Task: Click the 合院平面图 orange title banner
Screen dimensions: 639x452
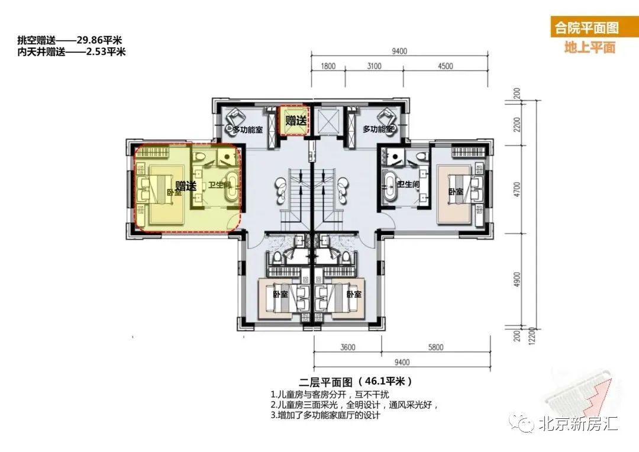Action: pos(586,27)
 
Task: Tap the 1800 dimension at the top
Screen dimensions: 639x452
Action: pos(328,66)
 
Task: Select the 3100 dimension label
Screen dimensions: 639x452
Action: pos(374,66)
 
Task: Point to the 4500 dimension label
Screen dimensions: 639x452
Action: pos(445,66)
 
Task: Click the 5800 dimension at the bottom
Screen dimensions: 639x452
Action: pos(435,347)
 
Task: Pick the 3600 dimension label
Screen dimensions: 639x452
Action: pos(348,347)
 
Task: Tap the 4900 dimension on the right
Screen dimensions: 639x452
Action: pos(517,280)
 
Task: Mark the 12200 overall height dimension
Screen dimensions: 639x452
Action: pos(531,336)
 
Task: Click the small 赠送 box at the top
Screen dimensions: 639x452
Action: pos(294,120)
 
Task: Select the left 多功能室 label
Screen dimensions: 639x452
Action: pos(248,130)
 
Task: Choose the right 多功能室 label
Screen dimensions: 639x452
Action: pos(378,129)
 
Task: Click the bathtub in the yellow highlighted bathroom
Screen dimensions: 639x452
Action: pos(233,187)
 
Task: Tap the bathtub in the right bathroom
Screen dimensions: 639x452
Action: pos(389,186)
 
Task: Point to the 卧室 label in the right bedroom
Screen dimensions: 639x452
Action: pos(455,191)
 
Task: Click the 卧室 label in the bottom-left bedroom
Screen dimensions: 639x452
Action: pos(280,294)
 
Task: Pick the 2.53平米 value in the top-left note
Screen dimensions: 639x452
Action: pos(106,51)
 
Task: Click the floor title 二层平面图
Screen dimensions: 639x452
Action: pos(325,382)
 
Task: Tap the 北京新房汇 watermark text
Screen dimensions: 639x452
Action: pos(578,424)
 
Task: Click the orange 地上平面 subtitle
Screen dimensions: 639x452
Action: pos(589,47)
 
